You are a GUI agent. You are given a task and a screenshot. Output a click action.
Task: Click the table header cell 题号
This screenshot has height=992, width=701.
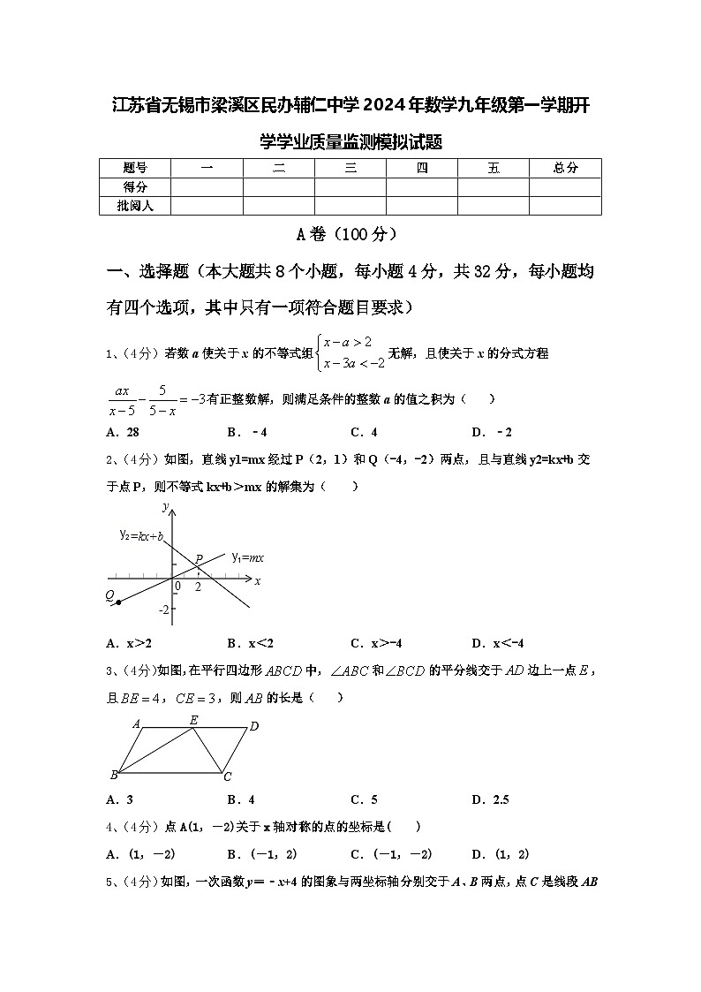tap(134, 168)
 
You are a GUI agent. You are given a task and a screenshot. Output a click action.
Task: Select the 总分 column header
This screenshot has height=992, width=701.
tap(565, 168)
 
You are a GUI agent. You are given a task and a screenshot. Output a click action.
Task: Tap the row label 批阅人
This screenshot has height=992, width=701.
tap(134, 205)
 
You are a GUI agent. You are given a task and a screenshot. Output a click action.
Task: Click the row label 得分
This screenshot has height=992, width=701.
tap(134, 186)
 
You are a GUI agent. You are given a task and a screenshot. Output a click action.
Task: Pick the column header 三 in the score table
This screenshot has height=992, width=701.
tap(350, 168)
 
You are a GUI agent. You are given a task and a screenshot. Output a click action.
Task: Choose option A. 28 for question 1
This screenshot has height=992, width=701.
tap(123, 432)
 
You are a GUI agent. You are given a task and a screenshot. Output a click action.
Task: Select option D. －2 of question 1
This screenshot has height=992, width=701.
tap(492, 432)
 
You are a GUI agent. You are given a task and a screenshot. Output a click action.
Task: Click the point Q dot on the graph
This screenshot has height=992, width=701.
tap(118, 602)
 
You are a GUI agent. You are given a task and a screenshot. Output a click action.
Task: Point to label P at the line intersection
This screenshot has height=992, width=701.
tap(200, 559)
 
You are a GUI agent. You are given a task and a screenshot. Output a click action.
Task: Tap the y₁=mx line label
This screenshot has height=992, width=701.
tap(248, 557)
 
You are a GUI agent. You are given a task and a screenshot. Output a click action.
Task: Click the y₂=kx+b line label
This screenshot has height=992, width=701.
tap(141, 535)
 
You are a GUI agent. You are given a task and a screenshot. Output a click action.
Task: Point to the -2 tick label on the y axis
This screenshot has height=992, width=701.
tap(163, 610)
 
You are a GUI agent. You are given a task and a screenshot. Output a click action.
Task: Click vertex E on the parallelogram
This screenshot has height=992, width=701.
tap(194, 720)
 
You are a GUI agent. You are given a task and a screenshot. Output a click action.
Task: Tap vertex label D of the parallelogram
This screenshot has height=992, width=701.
tap(253, 726)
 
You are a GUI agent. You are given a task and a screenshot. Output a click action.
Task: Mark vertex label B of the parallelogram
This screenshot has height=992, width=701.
tap(114, 776)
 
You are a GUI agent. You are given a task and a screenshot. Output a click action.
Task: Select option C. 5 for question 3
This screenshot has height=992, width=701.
tap(364, 799)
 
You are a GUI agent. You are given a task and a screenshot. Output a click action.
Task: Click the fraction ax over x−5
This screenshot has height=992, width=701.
tap(121, 399)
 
